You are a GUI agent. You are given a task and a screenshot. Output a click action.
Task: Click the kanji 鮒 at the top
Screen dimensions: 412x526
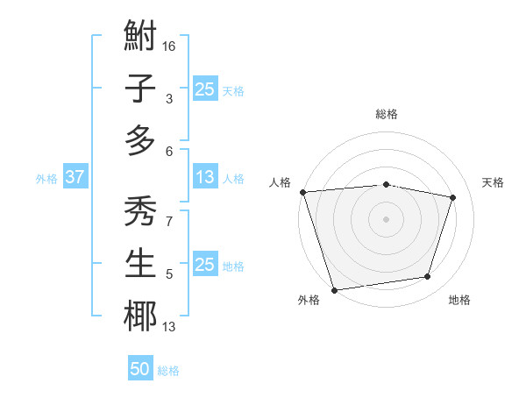(x=140, y=37)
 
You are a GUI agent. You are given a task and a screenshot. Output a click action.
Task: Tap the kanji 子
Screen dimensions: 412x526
(x=140, y=89)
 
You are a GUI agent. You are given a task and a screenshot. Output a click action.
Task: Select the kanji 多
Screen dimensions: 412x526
(x=140, y=140)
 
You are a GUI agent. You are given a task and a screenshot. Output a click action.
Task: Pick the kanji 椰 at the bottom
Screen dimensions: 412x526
(x=140, y=316)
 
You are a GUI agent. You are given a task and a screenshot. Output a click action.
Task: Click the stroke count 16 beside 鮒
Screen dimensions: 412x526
(x=170, y=46)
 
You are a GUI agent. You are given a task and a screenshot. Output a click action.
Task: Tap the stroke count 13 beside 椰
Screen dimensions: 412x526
(x=169, y=328)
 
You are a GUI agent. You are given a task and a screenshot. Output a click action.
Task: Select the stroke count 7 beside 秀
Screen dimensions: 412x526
(x=168, y=221)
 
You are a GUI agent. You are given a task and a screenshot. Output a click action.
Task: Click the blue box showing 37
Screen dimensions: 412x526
(x=75, y=178)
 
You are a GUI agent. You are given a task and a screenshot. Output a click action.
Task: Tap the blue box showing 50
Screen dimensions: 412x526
(x=140, y=370)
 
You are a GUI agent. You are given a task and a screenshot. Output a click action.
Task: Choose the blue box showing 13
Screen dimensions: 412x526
(x=204, y=178)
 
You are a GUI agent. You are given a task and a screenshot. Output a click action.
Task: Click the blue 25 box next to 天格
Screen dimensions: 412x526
(x=204, y=89)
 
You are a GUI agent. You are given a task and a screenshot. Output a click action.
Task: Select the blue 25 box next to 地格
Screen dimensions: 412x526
(x=204, y=265)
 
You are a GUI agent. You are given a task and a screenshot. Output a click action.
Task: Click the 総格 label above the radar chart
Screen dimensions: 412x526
(x=386, y=114)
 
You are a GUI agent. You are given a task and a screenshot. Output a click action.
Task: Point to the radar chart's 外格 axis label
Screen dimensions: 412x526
(x=309, y=300)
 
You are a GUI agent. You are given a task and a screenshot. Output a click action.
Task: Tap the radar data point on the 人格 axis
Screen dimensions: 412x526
(x=302, y=192)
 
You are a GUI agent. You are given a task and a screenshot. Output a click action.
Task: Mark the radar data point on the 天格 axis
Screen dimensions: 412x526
(x=453, y=197)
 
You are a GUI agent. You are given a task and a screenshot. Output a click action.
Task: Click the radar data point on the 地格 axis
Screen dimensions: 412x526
(x=428, y=277)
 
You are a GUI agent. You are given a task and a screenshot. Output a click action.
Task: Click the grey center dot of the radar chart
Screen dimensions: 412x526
(x=386, y=219)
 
